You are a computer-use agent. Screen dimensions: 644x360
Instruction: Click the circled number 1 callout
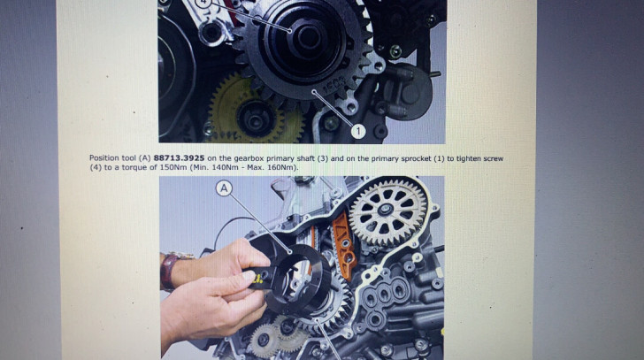pos(357,131)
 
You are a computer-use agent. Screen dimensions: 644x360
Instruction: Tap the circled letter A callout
pos(224,188)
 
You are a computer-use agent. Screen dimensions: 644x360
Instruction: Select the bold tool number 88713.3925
pos(179,158)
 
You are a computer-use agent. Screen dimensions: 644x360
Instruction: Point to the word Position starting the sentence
pos(104,158)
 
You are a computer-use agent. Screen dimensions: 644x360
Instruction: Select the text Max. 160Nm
pos(272,167)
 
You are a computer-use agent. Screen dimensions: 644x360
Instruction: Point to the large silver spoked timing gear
pos(387,212)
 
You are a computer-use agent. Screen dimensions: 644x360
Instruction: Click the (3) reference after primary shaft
pos(322,158)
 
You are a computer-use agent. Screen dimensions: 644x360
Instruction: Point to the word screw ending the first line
pos(494,158)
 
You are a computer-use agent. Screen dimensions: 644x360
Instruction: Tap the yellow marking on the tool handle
pos(258,280)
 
